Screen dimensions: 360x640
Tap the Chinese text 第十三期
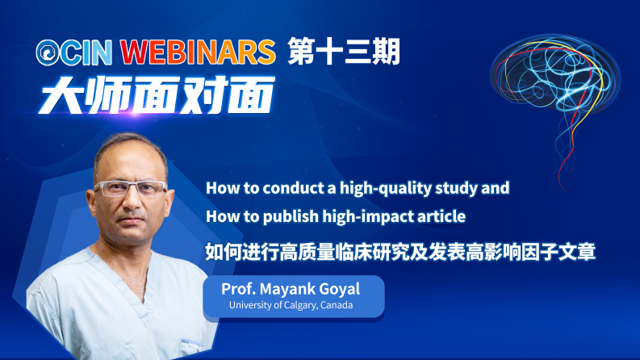pos(344,52)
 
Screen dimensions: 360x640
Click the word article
pos(445,216)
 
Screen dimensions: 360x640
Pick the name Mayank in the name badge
pos(283,290)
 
